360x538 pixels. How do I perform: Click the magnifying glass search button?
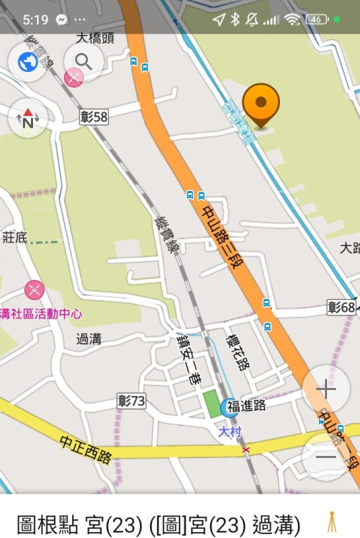pos(83,62)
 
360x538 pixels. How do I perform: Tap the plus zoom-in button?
pos(326,389)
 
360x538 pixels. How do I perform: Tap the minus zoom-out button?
pos(326,457)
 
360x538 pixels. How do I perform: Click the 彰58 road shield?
pos(94,117)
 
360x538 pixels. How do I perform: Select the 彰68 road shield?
pos(341,307)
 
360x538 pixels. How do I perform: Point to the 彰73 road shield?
pos(131,401)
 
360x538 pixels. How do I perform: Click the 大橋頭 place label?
pos(95,38)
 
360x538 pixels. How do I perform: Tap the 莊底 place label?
pos(14,237)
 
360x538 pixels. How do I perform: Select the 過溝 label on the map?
pos(88,339)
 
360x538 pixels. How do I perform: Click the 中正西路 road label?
pos(85,449)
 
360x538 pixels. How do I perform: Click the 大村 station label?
pos(229,432)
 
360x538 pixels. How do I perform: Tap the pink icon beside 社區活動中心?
pos(35,290)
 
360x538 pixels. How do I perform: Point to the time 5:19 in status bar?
pos(35,20)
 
